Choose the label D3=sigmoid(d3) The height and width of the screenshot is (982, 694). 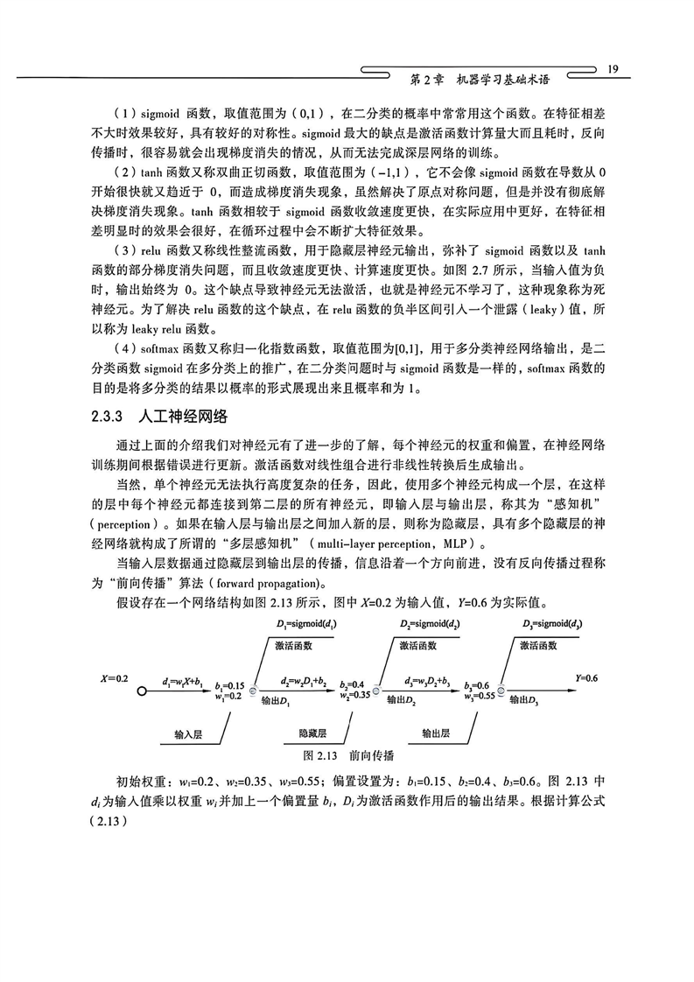[x=554, y=625]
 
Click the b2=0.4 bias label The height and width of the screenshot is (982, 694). [x=356, y=683]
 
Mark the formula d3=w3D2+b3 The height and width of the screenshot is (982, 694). [x=427, y=681]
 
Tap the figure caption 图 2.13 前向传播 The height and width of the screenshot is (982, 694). [x=347, y=754]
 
